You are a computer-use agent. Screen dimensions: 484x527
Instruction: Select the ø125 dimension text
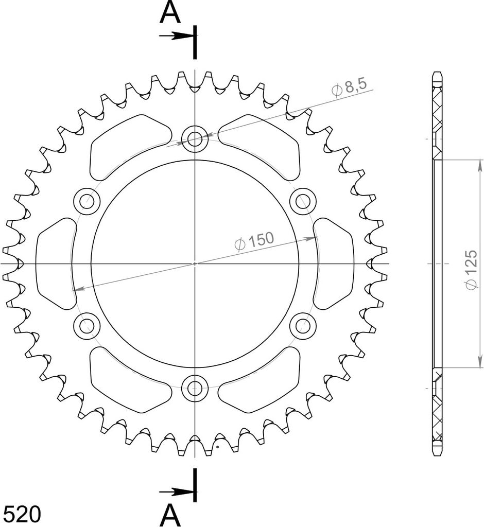tap(472, 269)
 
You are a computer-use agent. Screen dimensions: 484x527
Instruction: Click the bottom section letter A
tap(171, 515)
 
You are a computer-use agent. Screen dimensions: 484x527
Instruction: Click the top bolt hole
tap(195, 138)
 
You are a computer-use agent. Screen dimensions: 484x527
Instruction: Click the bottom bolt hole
tap(195, 388)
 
